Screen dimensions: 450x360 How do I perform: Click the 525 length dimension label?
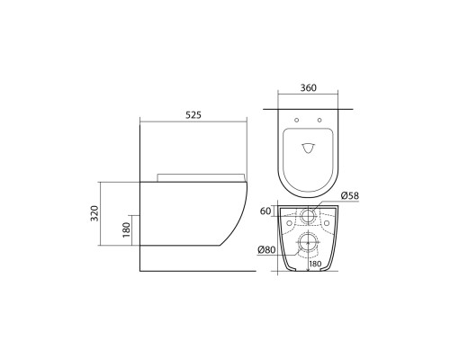coord(193,114)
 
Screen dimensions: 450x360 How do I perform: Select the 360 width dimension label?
coord(309,87)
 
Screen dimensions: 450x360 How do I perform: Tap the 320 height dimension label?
coord(94,213)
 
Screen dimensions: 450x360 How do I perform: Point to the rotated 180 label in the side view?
coord(127,230)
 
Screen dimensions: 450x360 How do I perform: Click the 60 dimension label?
coord(265,211)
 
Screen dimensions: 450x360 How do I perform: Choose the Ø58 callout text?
coord(350,195)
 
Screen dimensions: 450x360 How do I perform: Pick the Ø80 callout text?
coord(266,249)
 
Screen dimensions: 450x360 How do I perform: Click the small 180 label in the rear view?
coord(315,264)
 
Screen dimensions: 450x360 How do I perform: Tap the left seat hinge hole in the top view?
coord(297,120)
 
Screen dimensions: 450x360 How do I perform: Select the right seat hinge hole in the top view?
coord(319,120)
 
